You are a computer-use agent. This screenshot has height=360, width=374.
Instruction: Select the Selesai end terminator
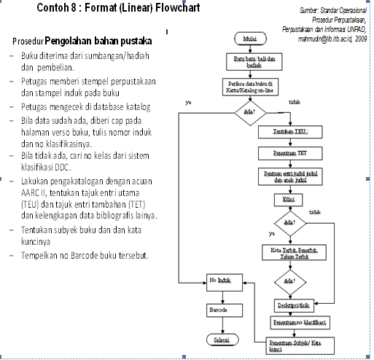point(222,341)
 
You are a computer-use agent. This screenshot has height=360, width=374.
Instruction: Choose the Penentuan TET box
point(290,153)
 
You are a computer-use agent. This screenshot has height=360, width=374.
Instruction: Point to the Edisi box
point(290,198)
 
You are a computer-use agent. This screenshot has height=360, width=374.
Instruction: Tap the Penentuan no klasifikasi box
point(299,321)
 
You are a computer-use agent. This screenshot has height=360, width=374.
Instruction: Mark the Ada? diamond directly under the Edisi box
point(290,222)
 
